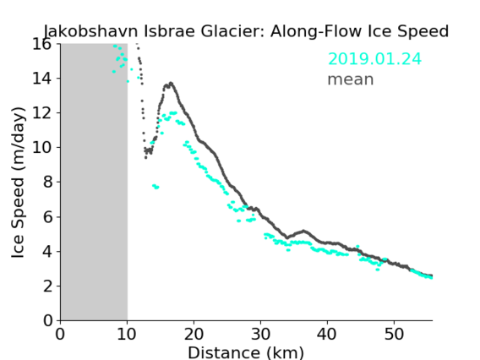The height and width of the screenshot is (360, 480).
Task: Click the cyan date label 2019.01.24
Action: (374, 59)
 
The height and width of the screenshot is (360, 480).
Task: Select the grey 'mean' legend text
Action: (351, 79)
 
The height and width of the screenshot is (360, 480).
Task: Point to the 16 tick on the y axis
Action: (42, 44)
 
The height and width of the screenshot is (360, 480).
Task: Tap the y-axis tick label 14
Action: (42, 79)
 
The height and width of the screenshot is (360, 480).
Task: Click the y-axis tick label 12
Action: (42, 113)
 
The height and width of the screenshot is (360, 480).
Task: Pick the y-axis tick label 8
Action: (47, 183)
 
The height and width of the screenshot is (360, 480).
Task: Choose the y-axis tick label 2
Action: (47, 286)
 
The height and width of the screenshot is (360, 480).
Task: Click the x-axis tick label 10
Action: (127, 334)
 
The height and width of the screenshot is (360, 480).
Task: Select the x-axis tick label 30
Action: (260, 334)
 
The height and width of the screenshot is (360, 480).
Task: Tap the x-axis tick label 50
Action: (394, 334)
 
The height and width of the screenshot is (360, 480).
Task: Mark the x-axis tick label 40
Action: (327, 334)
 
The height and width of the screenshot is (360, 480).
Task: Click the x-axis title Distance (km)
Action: (246, 353)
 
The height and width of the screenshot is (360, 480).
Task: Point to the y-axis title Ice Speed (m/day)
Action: (18, 183)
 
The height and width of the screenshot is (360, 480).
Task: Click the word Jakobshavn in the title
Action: (90, 31)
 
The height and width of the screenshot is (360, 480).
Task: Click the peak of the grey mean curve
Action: (171, 83)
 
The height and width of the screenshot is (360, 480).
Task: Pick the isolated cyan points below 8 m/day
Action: (155, 187)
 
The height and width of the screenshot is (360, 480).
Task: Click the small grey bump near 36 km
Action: (303, 232)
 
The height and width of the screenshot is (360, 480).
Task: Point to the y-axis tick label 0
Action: (47, 321)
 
